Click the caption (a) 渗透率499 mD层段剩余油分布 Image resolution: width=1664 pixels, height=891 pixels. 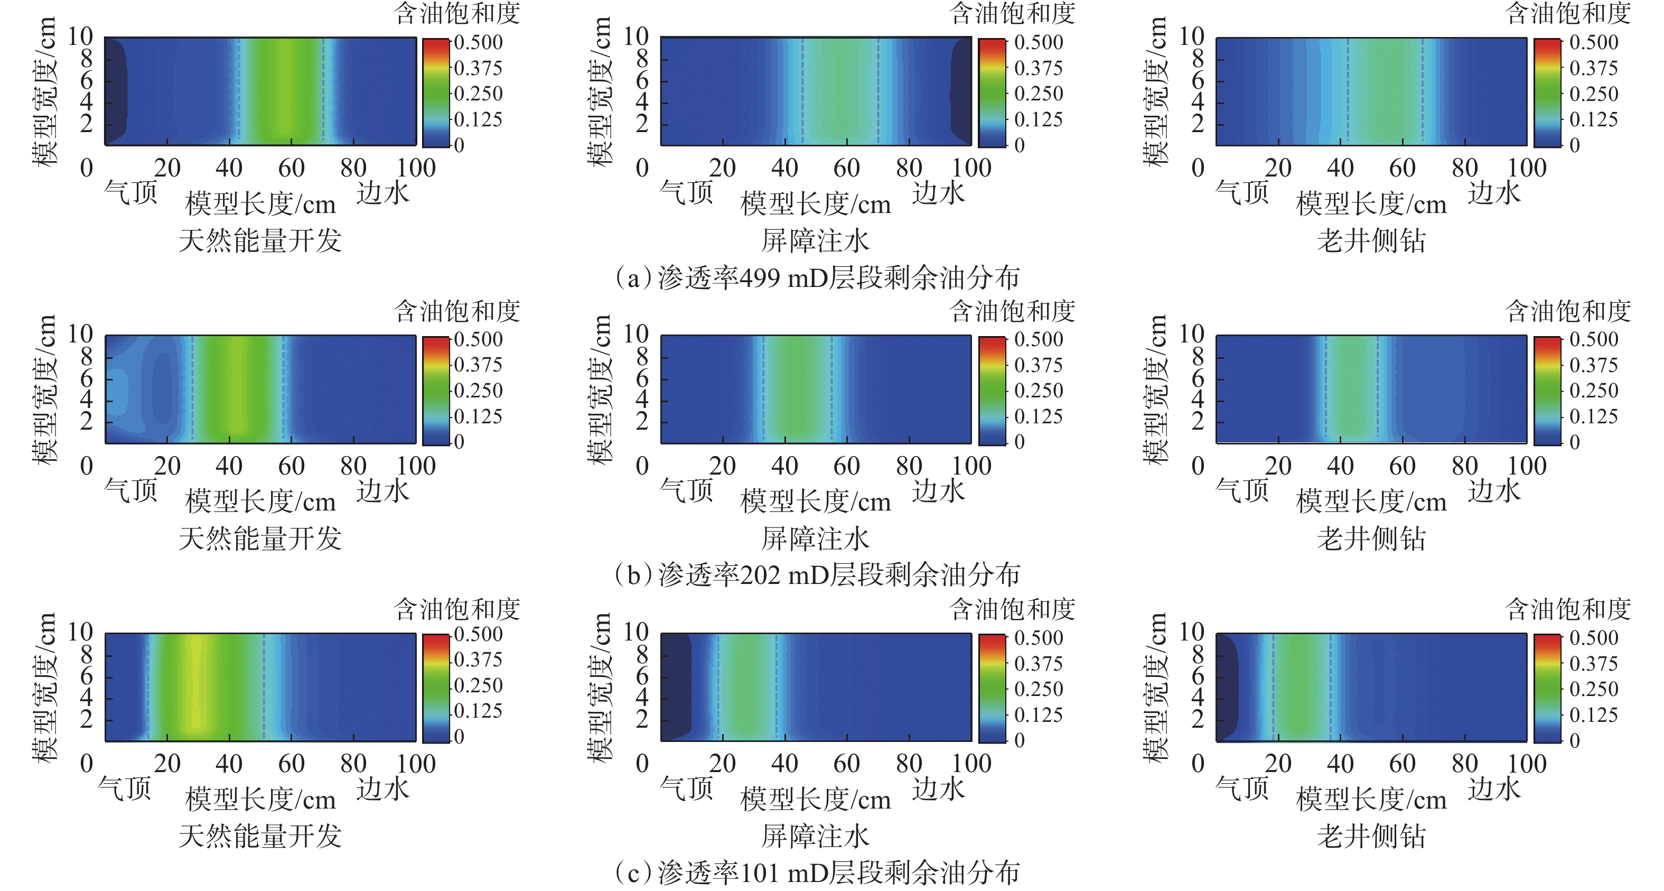click(x=817, y=278)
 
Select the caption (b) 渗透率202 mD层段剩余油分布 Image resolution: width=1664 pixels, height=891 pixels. click(x=817, y=574)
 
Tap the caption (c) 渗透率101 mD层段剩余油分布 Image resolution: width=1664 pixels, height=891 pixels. click(x=817, y=873)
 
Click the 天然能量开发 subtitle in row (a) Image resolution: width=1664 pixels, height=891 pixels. click(x=260, y=241)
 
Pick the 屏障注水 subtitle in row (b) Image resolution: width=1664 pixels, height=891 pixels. click(x=815, y=538)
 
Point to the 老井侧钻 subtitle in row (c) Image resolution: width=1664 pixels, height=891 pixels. click(x=1371, y=836)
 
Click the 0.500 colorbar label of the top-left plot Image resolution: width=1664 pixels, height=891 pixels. click(x=478, y=43)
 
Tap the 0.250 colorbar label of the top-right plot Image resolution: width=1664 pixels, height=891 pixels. click(x=1594, y=94)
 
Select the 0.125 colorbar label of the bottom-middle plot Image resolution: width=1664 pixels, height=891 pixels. click(x=1038, y=714)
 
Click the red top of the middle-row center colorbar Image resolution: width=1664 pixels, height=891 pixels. click(x=992, y=340)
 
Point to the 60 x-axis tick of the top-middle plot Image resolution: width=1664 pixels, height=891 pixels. click(x=846, y=168)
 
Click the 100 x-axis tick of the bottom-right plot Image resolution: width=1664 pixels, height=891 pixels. click(x=1527, y=764)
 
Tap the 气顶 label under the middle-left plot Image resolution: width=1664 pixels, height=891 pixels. click(x=131, y=490)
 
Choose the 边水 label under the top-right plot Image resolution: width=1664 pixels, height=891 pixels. click(x=1494, y=192)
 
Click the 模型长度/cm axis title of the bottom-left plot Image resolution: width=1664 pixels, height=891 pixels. click(x=260, y=800)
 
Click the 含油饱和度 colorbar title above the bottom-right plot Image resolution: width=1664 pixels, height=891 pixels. click(x=1568, y=609)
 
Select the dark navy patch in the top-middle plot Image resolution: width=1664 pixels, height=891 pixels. click(x=961, y=90)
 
